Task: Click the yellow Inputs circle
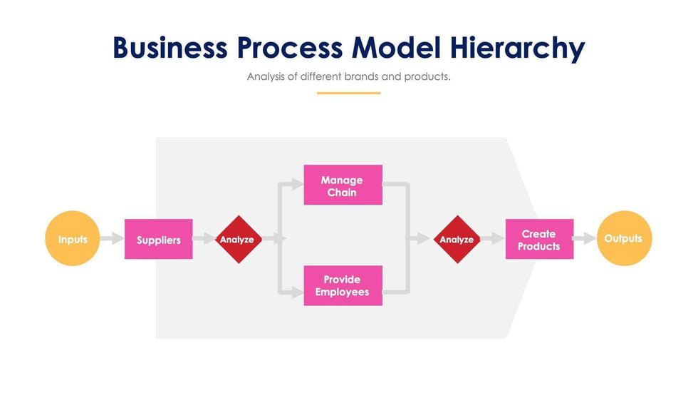tap(73, 239)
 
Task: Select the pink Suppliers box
tap(158, 239)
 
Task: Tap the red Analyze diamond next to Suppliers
tap(236, 239)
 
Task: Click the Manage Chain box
tap(343, 185)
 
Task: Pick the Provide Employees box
tap(343, 285)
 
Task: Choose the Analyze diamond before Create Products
tap(457, 239)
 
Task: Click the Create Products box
tap(539, 239)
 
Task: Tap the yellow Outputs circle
tap(624, 239)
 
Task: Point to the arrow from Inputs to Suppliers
tap(111, 239)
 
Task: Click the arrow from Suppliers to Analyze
tap(204, 239)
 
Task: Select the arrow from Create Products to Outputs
tap(585, 239)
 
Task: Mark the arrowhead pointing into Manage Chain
tap(298, 185)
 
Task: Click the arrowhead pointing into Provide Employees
tap(298, 290)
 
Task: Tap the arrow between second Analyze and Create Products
tap(491, 239)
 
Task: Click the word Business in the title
tap(170, 48)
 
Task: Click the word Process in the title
tap(290, 48)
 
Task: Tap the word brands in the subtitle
tap(361, 76)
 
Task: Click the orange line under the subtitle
tap(348, 93)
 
